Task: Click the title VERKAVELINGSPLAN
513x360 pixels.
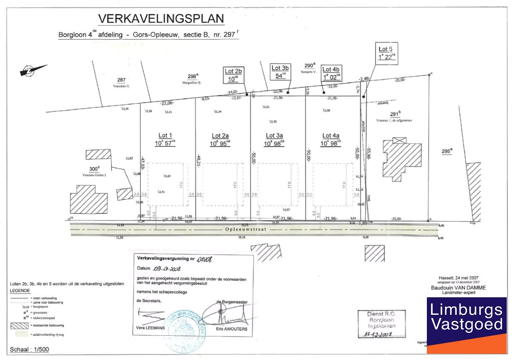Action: pos(161,19)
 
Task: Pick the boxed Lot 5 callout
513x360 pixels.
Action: pos(386,54)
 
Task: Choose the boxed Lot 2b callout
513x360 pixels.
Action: pos(233,75)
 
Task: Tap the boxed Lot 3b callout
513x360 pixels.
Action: pos(281,71)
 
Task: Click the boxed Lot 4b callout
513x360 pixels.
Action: pos(332,73)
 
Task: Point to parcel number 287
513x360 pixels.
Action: pos(121,80)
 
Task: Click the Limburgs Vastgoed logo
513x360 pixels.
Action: pos(466,325)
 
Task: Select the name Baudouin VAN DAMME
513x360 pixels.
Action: pos(458,288)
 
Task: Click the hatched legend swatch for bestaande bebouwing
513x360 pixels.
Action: pos(20,325)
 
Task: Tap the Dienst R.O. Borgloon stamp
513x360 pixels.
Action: pos(381,324)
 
